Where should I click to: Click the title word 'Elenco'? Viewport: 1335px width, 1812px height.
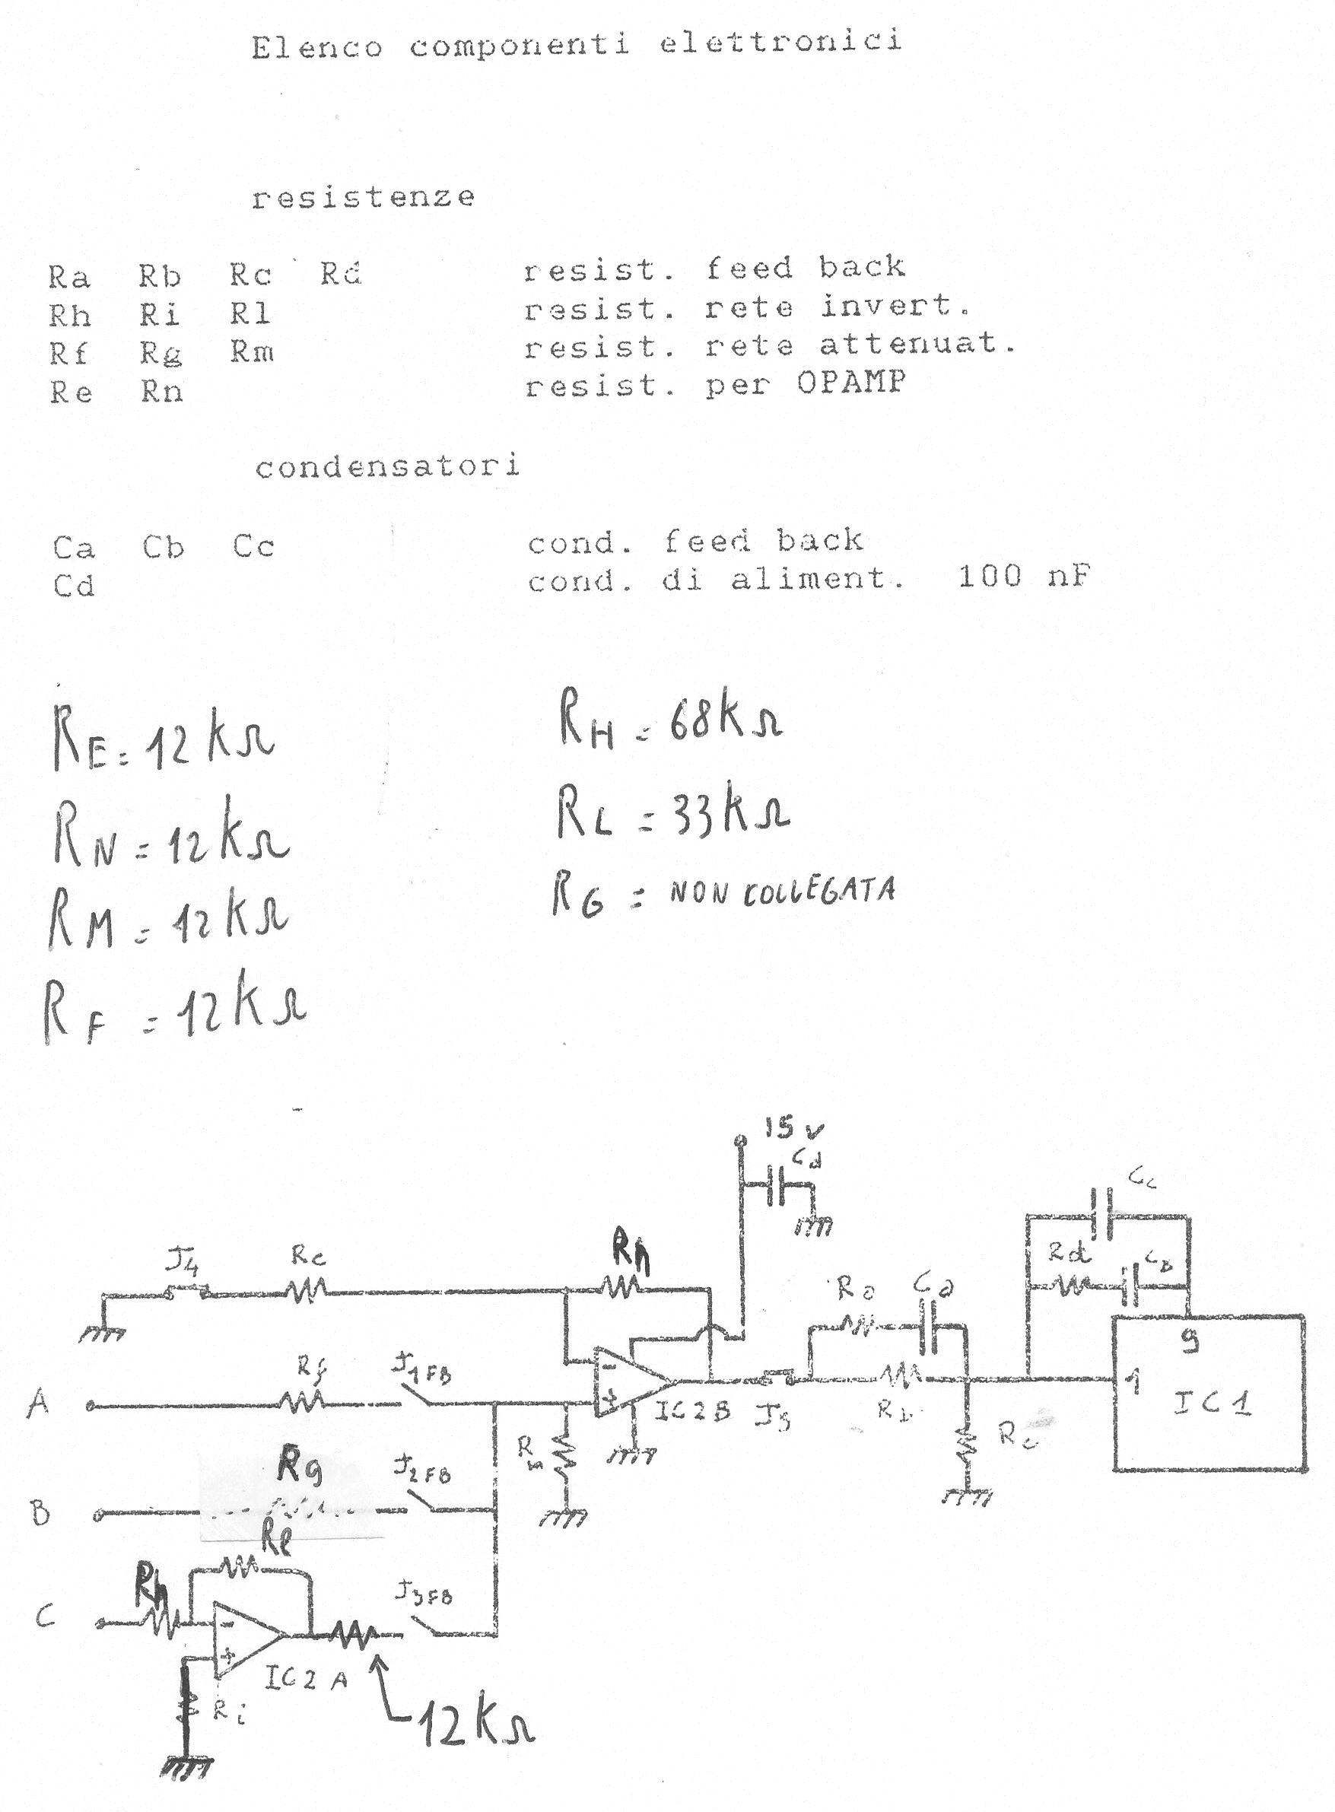click(x=316, y=48)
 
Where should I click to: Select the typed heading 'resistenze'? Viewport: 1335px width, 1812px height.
click(x=363, y=197)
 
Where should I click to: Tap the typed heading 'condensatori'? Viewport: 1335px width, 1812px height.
click(x=387, y=467)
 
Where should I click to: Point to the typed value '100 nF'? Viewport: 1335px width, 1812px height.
click(x=1024, y=577)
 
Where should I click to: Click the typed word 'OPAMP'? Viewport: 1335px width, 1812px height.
click(x=851, y=383)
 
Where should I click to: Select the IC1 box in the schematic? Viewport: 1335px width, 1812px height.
click(x=1208, y=1393)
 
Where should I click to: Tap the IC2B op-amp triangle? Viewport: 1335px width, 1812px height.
click(x=627, y=1380)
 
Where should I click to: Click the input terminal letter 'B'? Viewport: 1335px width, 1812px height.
click(x=40, y=1512)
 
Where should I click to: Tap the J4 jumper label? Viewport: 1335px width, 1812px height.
click(x=183, y=1259)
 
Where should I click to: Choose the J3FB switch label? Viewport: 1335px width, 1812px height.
click(x=424, y=1593)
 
